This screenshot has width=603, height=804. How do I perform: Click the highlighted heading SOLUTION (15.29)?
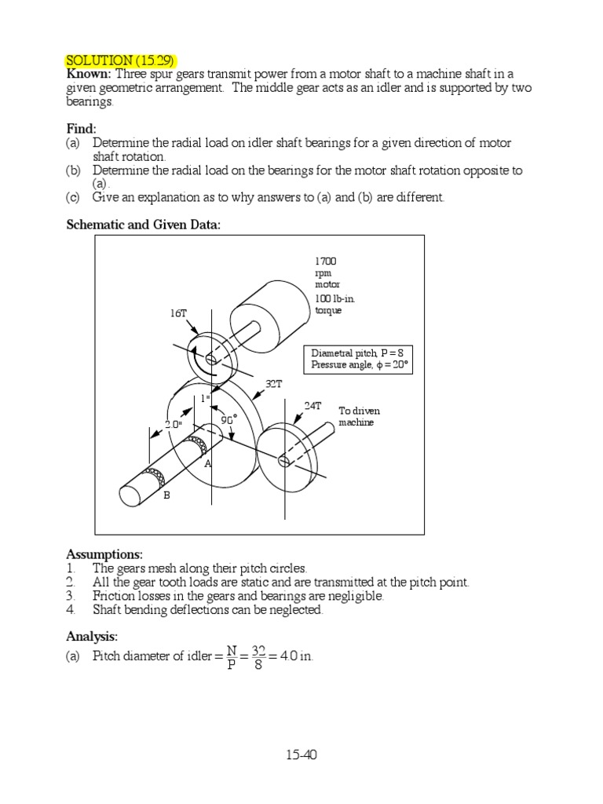[120, 60]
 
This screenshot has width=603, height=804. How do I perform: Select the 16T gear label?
[179, 312]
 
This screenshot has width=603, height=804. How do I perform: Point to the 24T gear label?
[312, 406]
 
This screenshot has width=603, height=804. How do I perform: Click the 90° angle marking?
[228, 420]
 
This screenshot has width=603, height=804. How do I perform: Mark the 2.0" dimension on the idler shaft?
[173, 423]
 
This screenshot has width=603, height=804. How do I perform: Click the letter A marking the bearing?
[208, 464]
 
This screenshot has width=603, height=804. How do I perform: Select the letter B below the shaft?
[166, 496]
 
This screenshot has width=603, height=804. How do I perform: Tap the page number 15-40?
[301, 755]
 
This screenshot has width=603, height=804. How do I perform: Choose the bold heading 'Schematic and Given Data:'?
[143, 225]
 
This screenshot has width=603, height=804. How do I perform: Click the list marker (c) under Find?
[73, 197]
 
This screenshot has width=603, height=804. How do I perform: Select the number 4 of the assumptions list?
[70, 610]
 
